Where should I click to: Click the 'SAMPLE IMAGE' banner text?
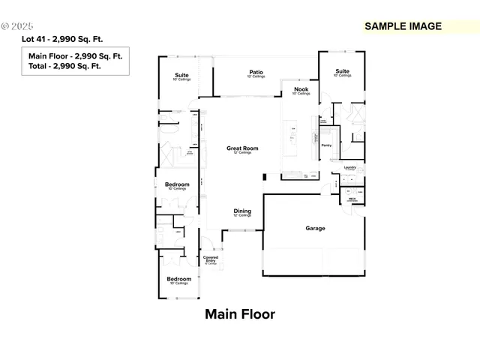(402, 26)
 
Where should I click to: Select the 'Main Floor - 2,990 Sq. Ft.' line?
(75, 56)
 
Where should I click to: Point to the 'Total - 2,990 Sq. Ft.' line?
(64, 66)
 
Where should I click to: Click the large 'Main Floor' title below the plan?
(240, 314)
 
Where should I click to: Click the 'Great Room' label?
(242, 148)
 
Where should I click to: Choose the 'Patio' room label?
(256, 72)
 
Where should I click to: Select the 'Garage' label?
(315, 228)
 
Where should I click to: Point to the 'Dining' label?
(242, 211)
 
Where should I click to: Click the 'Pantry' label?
(326, 145)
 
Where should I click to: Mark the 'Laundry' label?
(349, 167)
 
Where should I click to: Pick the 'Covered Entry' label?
(211, 259)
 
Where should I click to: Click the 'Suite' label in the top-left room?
(181, 75)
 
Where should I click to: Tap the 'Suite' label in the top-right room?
(342, 71)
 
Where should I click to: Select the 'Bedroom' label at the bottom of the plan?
(178, 279)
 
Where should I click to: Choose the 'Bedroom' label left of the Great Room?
(177, 184)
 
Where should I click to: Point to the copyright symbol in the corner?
(5, 25)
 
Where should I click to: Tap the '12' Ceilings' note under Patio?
(256, 77)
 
